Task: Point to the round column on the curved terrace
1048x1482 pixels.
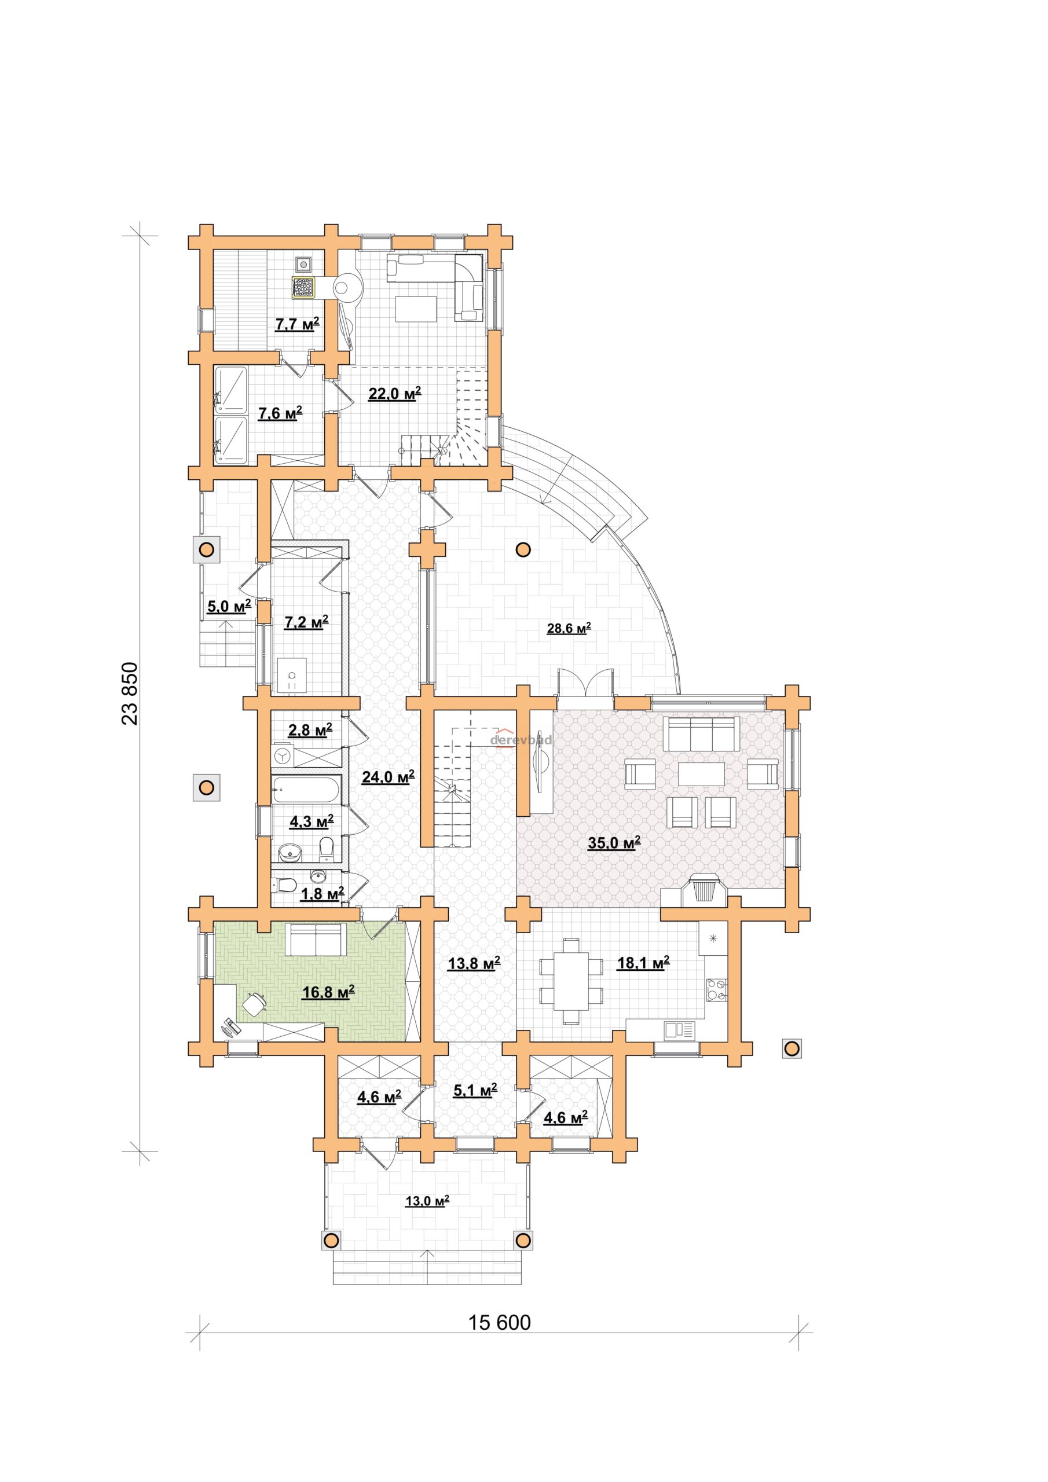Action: point(523,550)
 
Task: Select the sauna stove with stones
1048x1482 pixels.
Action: point(303,287)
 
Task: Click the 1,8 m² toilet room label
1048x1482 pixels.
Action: point(321,893)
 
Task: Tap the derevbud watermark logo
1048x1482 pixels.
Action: point(521,740)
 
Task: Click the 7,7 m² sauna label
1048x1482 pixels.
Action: point(297,324)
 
